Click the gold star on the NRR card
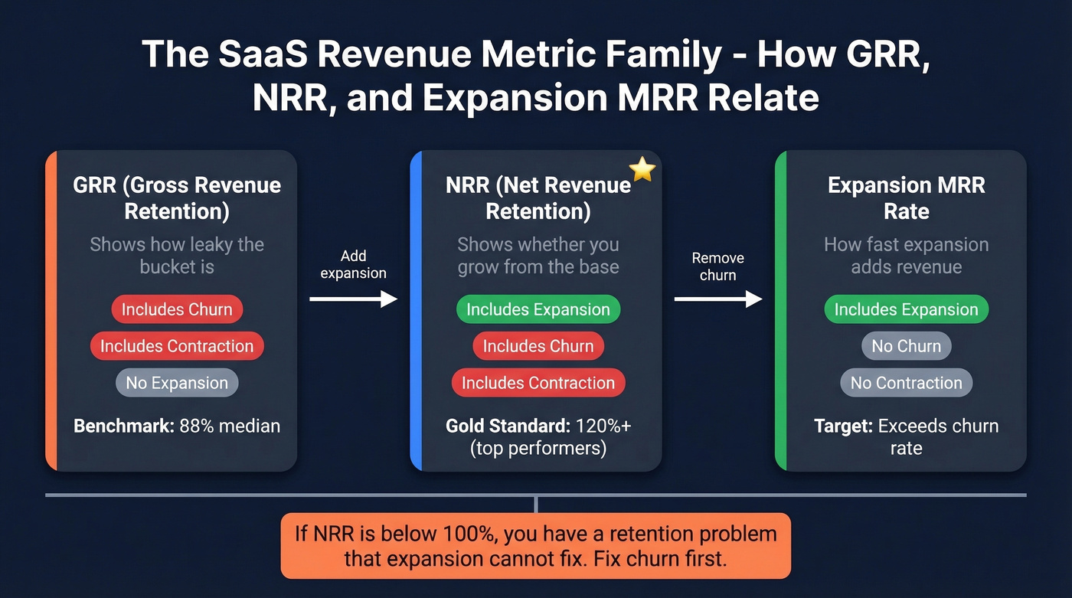[x=642, y=170]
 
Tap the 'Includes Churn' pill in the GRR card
[x=177, y=309]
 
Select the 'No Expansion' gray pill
[x=177, y=383]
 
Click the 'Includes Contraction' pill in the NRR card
[x=538, y=383]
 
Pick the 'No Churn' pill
[x=906, y=346]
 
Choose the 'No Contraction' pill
[x=906, y=383]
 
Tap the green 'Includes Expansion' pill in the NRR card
[x=538, y=309]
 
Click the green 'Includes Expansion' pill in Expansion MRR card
[x=906, y=309]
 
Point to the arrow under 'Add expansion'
[x=353, y=299]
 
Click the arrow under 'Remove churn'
[x=717, y=299]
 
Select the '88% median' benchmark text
[x=230, y=426]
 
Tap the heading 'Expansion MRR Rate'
[x=906, y=198]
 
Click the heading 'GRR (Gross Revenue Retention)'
[x=177, y=198]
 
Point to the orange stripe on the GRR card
[x=51, y=310]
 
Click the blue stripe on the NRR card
[x=416, y=310]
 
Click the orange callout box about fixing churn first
[x=535, y=545]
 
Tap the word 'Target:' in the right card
[x=843, y=426]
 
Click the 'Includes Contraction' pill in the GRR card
[x=177, y=346]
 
